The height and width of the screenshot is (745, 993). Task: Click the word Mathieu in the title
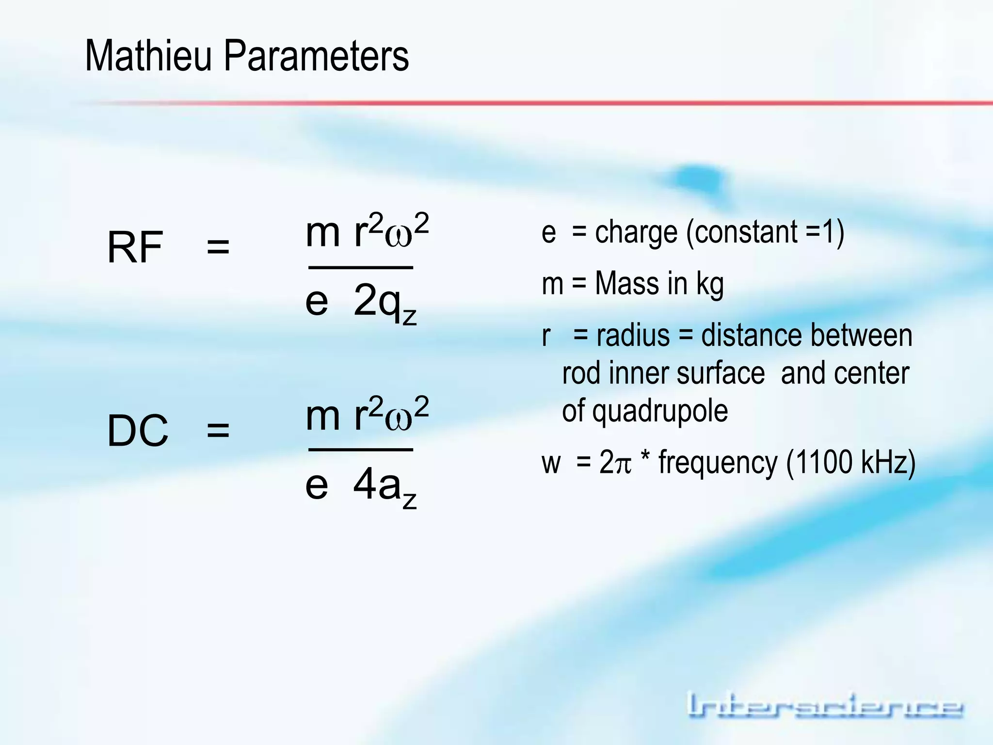pyautogui.click(x=148, y=56)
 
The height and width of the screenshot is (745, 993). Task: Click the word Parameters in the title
pyautogui.click(x=316, y=56)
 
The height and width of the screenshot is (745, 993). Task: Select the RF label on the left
pyautogui.click(x=135, y=248)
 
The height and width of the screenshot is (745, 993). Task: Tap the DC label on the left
pyautogui.click(x=138, y=431)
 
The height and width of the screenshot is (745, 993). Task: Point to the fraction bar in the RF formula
pyautogui.click(x=361, y=267)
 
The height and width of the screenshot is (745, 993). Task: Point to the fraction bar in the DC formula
pyautogui.click(x=361, y=450)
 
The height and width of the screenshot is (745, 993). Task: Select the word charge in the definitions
pyautogui.click(x=636, y=232)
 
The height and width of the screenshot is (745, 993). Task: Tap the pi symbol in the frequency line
pyautogui.click(x=623, y=464)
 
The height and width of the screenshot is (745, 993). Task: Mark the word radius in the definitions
pyautogui.click(x=633, y=336)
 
